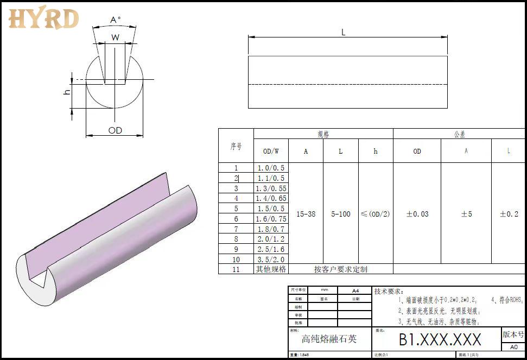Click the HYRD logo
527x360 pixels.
point(43,18)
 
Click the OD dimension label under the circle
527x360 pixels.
point(115,130)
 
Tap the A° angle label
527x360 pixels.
point(115,20)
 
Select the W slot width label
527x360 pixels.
point(115,37)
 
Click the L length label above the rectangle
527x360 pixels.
point(343,33)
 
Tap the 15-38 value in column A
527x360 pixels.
point(306,214)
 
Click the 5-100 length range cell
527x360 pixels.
point(341,214)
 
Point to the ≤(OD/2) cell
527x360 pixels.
point(375,214)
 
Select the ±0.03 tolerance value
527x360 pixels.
point(417,214)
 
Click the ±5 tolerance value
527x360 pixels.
point(466,214)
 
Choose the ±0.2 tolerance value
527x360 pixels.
point(509,214)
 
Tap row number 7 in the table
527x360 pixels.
point(236,229)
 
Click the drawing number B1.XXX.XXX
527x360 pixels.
point(440,340)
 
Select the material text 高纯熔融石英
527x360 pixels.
point(329,339)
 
